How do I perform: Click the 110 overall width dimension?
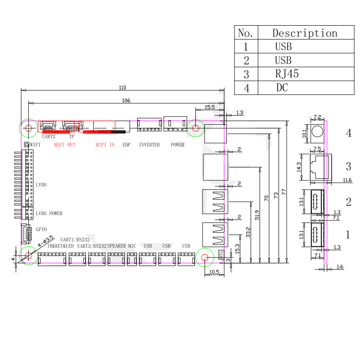click(x=122, y=87)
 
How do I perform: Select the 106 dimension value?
click(x=126, y=100)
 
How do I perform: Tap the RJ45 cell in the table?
click(x=287, y=74)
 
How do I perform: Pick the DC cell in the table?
click(x=282, y=88)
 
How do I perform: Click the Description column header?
click(x=305, y=33)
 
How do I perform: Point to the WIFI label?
click(x=36, y=145)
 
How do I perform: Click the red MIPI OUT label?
click(x=64, y=145)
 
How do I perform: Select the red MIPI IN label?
click(x=105, y=145)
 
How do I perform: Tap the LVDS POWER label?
click(x=49, y=213)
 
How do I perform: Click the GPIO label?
click(x=41, y=229)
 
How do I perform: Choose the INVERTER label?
click(x=149, y=145)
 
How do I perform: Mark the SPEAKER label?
click(x=117, y=246)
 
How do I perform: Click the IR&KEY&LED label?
click(x=60, y=246)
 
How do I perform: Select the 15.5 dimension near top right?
click(x=210, y=107)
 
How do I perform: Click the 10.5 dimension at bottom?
click(x=214, y=272)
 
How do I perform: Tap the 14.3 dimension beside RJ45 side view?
click(x=304, y=167)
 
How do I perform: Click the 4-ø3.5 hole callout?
click(x=45, y=241)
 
